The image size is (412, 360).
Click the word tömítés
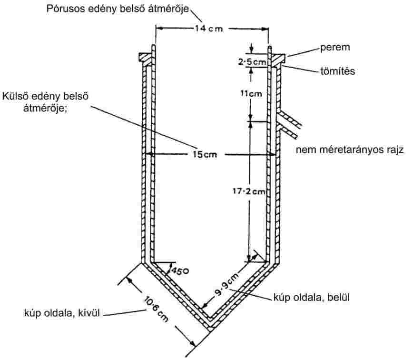coord(336,71)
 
